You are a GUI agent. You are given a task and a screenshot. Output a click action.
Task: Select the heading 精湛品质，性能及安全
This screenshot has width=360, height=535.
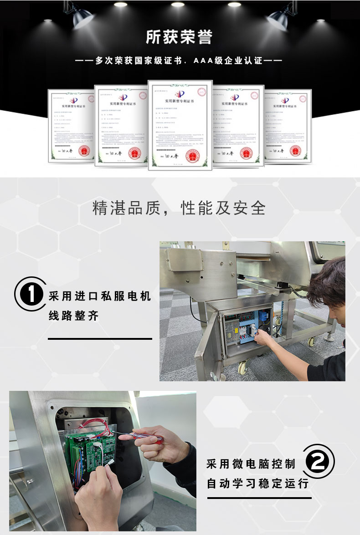pyautogui.click(x=179, y=208)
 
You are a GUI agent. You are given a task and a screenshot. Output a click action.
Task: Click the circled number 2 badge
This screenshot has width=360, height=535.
pyautogui.click(x=320, y=461)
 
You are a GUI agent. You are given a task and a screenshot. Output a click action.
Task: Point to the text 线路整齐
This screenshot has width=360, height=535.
pyautogui.click(x=74, y=316)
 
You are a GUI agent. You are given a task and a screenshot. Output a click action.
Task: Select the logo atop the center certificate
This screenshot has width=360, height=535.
pyautogui.click(x=180, y=93)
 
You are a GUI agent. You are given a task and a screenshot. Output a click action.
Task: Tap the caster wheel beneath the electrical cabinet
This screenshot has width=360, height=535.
pyautogui.click(x=242, y=367)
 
